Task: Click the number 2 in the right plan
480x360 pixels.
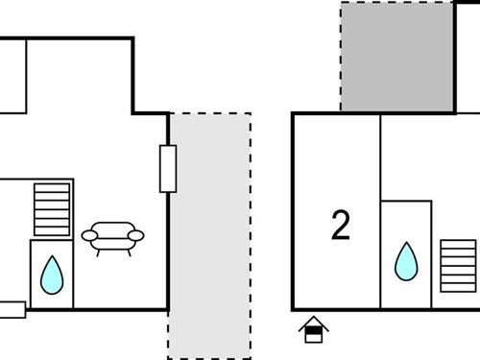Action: click(x=341, y=226)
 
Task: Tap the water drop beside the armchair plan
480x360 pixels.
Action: click(x=52, y=275)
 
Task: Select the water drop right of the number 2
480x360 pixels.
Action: click(x=407, y=260)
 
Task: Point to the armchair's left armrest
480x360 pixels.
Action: click(x=89, y=234)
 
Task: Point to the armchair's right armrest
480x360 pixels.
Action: click(x=137, y=234)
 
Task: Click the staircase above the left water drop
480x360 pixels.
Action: click(x=53, y=209)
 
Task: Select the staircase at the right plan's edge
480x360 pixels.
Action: click(x=458, y=265)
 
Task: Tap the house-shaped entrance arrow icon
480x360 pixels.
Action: click(x=314, y=329)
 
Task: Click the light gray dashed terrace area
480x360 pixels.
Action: click(x=209, y=235)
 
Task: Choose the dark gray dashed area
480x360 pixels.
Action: click(x=396, y=56)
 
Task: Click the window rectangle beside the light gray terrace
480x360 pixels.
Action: click(x=168, y=169)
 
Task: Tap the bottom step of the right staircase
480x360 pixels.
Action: click(x=458, y=285)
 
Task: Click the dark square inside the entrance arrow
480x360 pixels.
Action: click(x=314, y=335)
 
